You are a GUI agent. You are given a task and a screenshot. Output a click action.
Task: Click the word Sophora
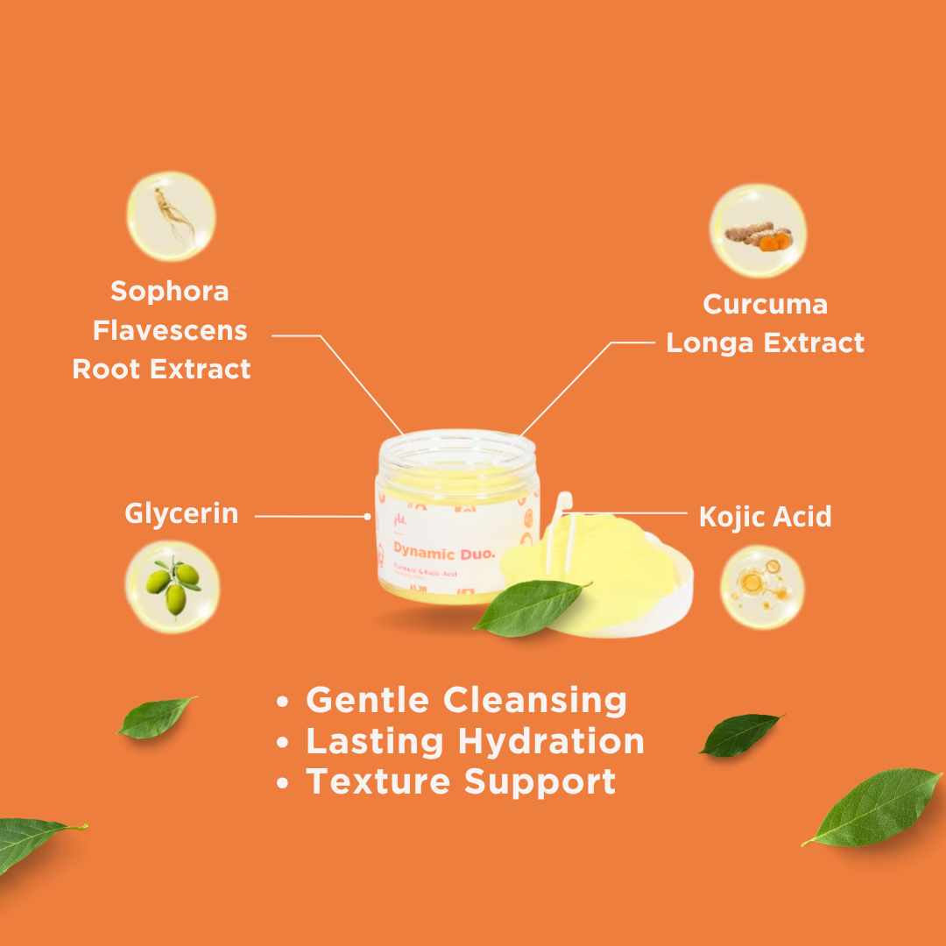[170, 292]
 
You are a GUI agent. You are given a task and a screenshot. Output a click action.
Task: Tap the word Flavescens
[170, 331]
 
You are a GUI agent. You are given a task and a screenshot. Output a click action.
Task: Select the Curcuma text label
[765, 304]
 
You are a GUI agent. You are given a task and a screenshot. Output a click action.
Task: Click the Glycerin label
[181, 513]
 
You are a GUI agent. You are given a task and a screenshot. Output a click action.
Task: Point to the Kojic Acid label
[765, 517]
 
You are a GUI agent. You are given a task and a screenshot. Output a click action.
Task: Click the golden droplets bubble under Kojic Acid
[762, 587]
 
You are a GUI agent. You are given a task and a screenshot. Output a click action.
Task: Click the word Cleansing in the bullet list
[534, 701]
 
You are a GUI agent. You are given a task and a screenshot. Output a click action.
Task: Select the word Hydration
[551, 742]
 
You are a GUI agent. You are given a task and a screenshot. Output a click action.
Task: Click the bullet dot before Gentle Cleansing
[282, 702]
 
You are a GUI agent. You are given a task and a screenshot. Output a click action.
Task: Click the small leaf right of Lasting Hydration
[740, 734]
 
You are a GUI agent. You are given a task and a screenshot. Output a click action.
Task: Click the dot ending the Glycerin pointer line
[367, 517]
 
